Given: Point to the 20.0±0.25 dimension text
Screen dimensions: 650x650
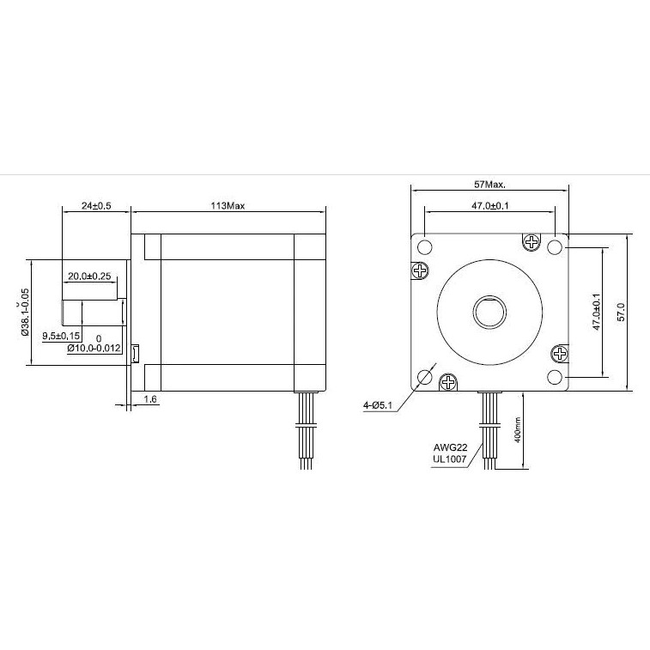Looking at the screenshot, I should (91, 276).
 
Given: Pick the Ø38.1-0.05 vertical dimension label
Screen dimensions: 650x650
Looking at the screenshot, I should (26, 313).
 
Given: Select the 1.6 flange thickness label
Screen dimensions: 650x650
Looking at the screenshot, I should (151, 398).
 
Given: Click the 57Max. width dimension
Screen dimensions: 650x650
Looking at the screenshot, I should (489, 185).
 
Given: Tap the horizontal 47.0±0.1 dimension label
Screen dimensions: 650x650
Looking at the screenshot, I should (489, 207).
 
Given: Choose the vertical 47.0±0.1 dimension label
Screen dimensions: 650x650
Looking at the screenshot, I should (596, 312).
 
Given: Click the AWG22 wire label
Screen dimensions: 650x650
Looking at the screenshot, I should (450, 448).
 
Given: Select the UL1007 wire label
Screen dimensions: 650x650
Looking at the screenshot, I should (450, 459).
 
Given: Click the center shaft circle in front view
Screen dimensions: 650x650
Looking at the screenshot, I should (489, 311).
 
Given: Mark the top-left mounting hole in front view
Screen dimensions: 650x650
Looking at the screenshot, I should (424, 247).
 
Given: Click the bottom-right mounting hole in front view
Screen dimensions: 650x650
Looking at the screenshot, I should (555, 376).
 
